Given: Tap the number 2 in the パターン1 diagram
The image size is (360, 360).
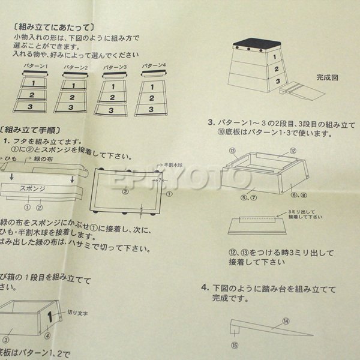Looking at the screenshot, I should point(35,95).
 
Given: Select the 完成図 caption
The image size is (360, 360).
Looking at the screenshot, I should point(328,77).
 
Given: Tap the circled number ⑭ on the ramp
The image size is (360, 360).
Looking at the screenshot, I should point(286,322).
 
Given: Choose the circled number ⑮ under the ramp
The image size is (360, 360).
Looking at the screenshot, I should point(235,345).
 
